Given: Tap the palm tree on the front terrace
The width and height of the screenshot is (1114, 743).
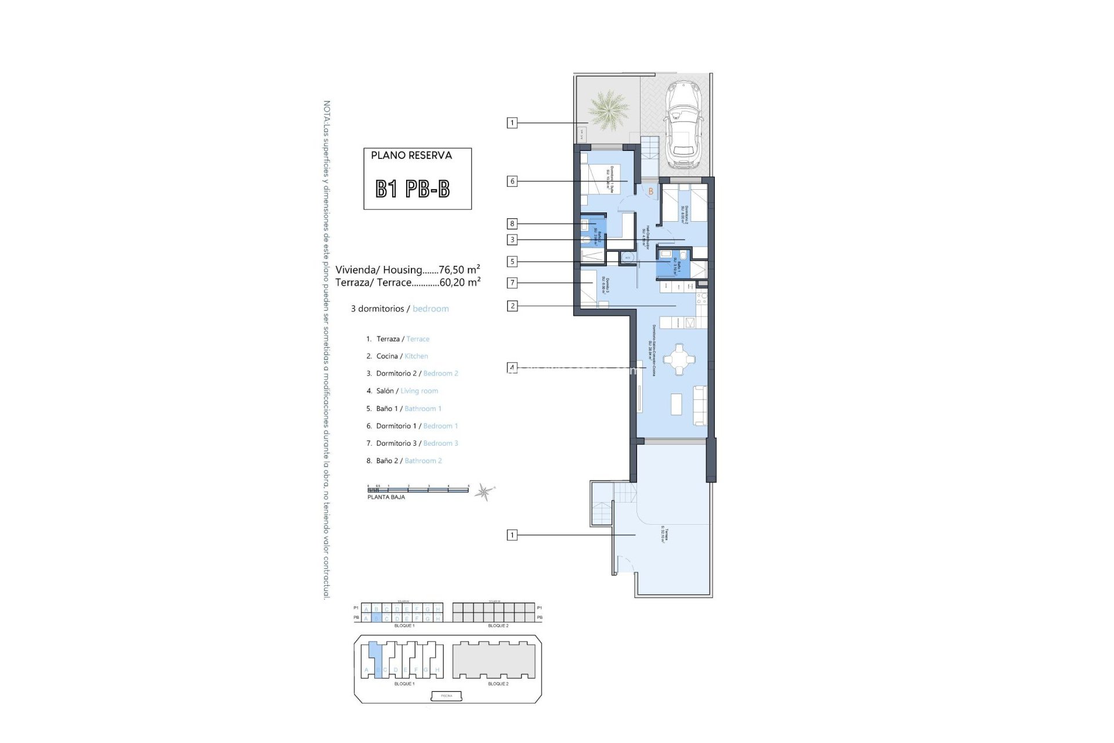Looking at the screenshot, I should point(607,110).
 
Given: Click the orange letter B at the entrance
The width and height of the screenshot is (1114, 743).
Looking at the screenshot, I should point(651,192).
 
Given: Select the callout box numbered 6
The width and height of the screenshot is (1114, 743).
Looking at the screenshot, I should point(512,181).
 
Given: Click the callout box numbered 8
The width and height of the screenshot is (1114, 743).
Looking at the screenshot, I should point(512,223).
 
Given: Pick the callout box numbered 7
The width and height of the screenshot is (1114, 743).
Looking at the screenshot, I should point(512,283).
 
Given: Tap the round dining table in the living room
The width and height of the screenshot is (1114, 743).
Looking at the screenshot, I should point(677,360).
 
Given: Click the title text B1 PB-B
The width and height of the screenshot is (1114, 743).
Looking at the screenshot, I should point(413,189).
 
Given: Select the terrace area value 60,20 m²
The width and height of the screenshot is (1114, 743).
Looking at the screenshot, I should point(460,283).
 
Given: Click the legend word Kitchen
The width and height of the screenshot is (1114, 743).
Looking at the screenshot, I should point(416,356).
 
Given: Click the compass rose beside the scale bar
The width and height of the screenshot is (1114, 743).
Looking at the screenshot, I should point(483,493).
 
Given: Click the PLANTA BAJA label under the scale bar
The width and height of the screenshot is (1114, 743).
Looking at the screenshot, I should point(386,497).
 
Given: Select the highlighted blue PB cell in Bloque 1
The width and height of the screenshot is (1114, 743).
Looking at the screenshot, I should point(376,619).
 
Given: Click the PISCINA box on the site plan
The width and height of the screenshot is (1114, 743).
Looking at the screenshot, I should point(447,695).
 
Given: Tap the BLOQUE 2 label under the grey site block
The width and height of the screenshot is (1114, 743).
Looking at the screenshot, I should point(498,684).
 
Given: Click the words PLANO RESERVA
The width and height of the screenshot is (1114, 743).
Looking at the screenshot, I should point(411,156).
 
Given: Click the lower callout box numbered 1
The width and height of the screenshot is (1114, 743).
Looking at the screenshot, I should point(512,535).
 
